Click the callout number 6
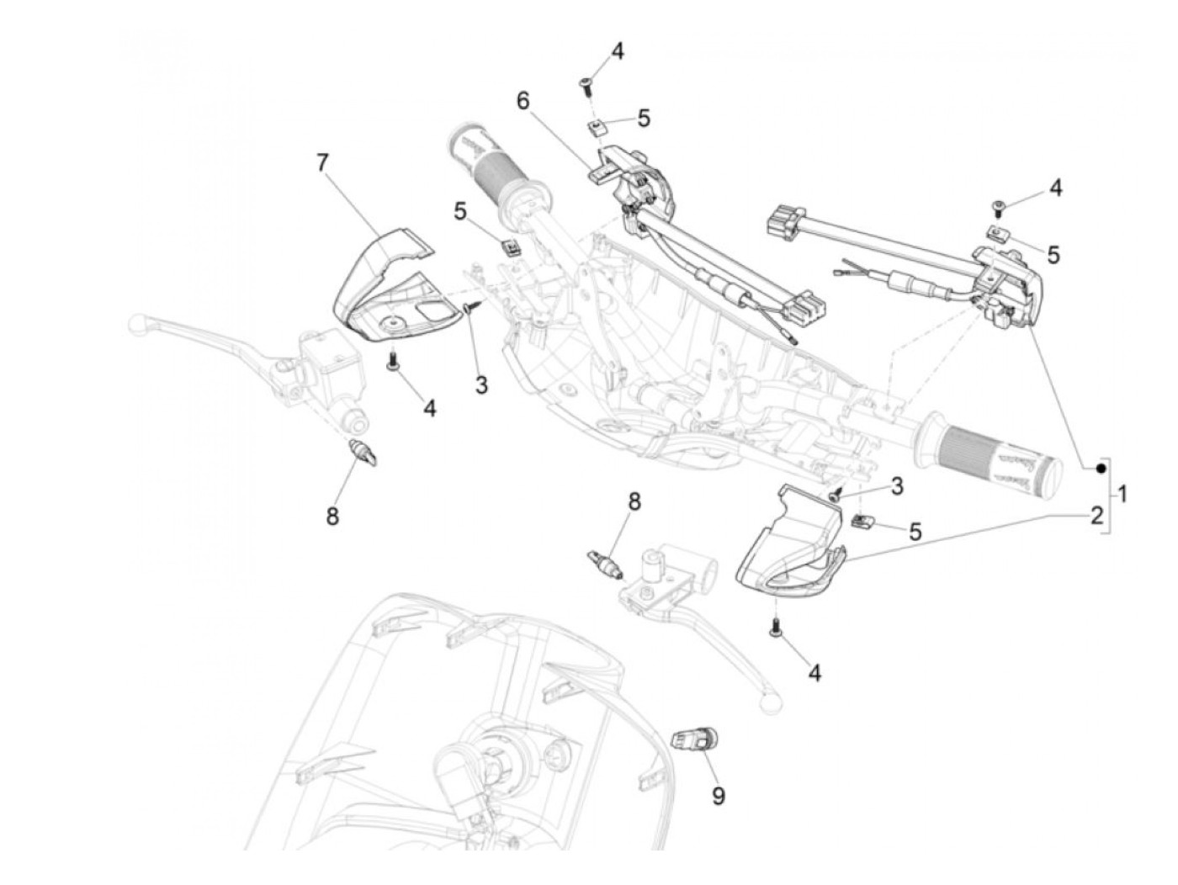pos(523,101)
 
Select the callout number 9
pos(718,795)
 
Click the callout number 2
pos(1096,516)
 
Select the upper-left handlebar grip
pos(491,168)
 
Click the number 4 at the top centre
pos(618,51)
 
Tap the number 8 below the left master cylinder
pos(332,516)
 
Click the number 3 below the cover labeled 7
pos(481,385)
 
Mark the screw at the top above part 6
pos(586,82)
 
